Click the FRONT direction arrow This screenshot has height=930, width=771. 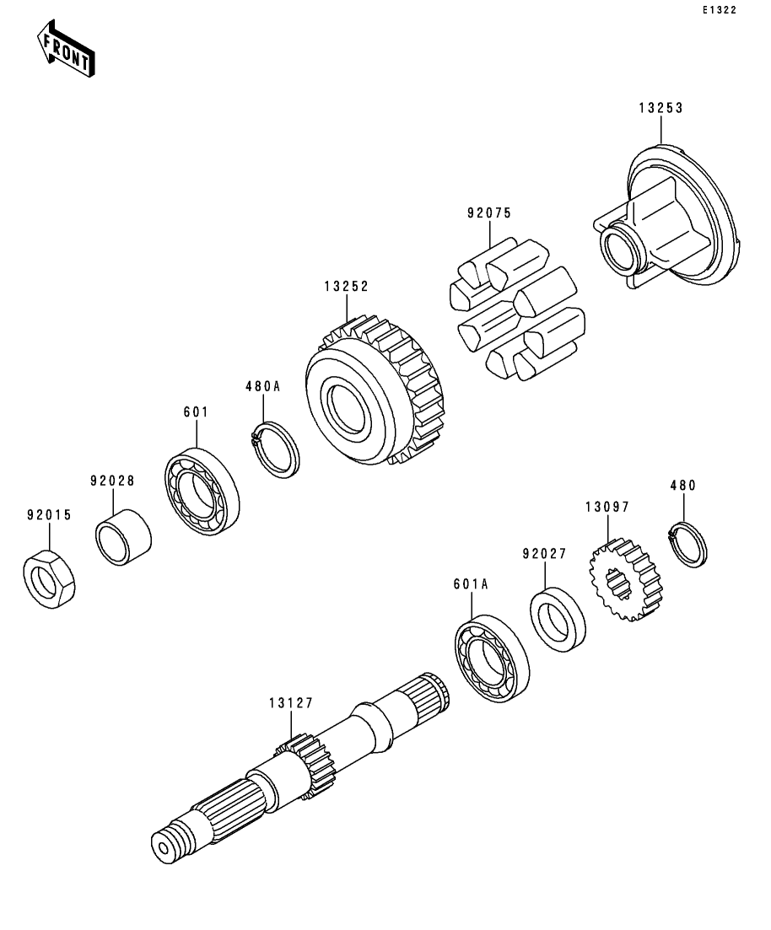click(x=65, y=51)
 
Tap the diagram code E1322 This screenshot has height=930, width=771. click(x=719, y=10)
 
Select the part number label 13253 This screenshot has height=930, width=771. click(x=660, y=108)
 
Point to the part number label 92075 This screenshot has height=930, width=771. click(x=489, y=213)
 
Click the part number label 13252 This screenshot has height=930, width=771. click(x=346, y=287)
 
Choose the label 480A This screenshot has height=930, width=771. click(x=261, y=387)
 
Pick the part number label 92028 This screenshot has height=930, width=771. click(x=112, y=481)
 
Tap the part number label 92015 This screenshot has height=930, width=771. click(x=48, y=513)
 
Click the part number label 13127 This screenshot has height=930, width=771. click(x=291, y=702)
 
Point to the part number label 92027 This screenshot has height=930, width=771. click(x=544, y=554)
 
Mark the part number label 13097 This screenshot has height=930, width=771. click(x=607, y=507)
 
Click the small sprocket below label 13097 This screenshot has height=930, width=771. click(x=624, y=580)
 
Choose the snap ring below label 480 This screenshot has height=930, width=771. click(x=687, y=545)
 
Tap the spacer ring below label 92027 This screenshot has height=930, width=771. click(x=558, y=619)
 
